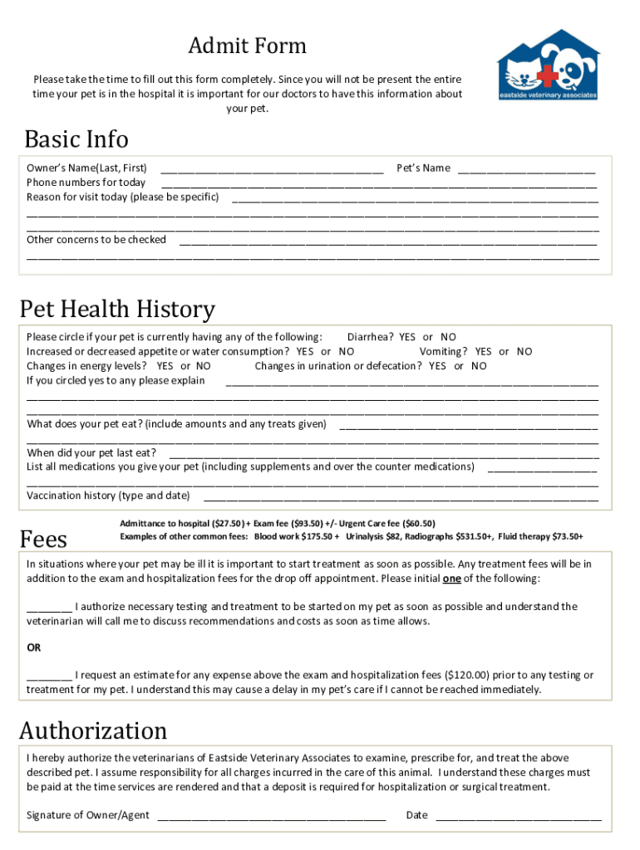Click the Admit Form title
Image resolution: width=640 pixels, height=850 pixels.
click(247, 46)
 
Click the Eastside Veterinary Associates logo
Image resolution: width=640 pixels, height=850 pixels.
click(547, 66)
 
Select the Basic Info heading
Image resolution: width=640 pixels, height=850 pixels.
click(76, 139)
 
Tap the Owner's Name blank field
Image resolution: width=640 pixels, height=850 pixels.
click(272, 169)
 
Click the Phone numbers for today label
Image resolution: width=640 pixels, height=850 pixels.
click(86, 183)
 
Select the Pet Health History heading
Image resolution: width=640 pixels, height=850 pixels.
click(117, 310)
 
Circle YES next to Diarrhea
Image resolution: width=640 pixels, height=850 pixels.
click(406, 337)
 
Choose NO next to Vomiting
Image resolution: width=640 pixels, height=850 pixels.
click(524, 352)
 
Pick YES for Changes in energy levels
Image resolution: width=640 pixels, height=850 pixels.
click(165, 366)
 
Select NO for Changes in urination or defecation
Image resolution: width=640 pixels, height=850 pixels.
click(479, 366)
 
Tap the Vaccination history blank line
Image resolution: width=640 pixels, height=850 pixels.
click(400, 497)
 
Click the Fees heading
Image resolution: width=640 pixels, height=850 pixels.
click(43, 540)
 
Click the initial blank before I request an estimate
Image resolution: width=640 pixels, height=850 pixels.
click(49, 676)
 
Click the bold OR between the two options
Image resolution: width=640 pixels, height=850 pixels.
click(34, 647)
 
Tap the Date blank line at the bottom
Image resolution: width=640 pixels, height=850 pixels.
click(518, 816)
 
